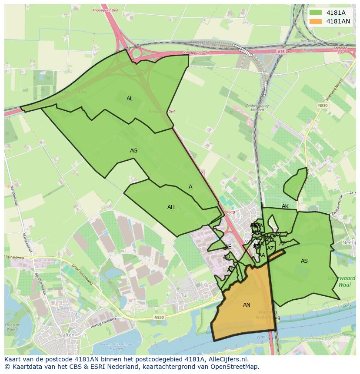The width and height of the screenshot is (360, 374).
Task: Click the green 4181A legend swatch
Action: pyautogui.click(x=316, y=13)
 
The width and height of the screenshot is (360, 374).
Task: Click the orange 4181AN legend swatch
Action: pyautogui.click(x=316, y=21)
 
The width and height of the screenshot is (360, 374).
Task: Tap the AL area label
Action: pyautogui.click(x=130, y=99)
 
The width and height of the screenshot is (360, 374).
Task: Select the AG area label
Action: pyautogui.click(x=133, y=151)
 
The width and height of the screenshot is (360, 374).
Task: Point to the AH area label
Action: pyautogui.click(x=171, y=207)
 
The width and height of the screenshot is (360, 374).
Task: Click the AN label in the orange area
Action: pyautogui.click(x=247, y=305)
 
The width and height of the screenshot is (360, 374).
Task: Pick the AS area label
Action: pyautogui.click(x=304, y=261)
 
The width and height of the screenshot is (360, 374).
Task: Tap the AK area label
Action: pyautogui.click(x=285, y=206)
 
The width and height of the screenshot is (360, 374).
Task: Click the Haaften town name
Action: pyautogui.click(x=65, y=335)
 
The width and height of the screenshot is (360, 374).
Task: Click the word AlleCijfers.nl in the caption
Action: pyautogui.click(x=228, y=359)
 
